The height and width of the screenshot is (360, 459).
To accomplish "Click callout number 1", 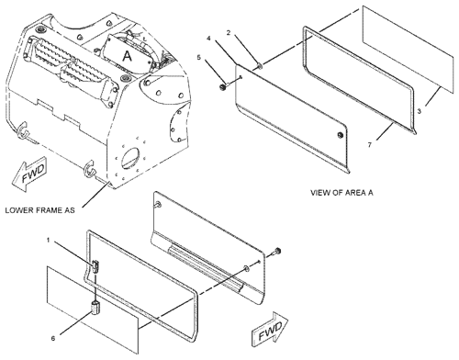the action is [x=48, y=241].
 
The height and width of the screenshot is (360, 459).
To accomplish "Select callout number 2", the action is [x=229, y=33].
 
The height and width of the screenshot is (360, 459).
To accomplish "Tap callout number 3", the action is [x=420, y=111].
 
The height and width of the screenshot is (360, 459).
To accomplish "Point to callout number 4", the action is [x=208, y=39].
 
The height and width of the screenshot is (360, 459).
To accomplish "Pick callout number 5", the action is [x=198, y=57].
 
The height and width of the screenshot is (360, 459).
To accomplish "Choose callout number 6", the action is [x=53, y=338].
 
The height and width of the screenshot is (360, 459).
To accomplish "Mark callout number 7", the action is [x=370, y=144].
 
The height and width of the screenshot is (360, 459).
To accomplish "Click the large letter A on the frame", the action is [x=127, y=56].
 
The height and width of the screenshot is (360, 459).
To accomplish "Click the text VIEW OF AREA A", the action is [x=341, y=193].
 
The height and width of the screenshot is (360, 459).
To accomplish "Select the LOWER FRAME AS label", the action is [x=39, y=210].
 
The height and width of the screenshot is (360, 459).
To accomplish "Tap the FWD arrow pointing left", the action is [x=29, y=174].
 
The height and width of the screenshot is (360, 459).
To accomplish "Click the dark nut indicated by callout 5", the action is [x=222, y=87].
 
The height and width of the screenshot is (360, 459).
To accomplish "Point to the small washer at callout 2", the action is [x=260, y=65].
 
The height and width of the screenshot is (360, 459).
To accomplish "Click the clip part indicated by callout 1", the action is [x=95, y=266].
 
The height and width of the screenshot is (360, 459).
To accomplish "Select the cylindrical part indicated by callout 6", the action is [x=95, y=307].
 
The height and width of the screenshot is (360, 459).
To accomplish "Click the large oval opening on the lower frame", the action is [x=132, y=158].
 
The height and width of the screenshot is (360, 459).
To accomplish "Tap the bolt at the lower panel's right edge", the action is [x=278, y=251].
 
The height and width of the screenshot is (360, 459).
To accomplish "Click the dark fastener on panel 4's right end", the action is [x=340, y=135].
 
